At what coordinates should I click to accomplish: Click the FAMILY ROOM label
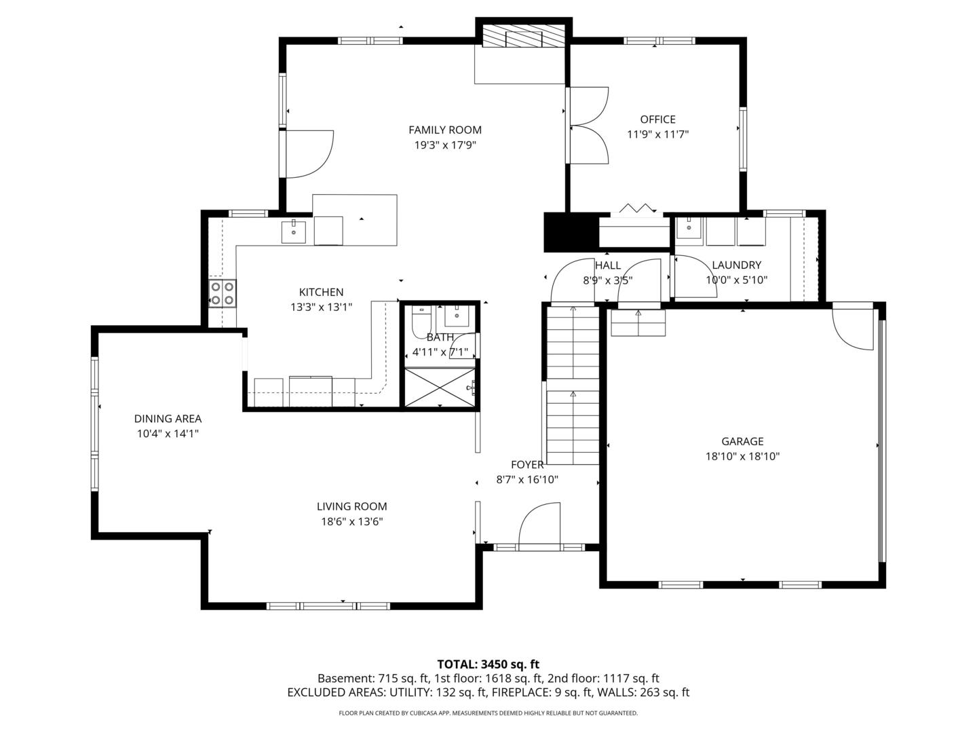coord(444,130)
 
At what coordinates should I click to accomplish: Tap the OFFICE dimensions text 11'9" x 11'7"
coord(657,134)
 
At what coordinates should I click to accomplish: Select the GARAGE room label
coord(742,441)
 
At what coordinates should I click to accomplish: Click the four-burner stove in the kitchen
coord(222,293)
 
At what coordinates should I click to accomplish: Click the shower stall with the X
coord(440,388)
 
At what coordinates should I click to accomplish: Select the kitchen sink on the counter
coord(294,232)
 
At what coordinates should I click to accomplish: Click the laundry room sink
coord(689,229)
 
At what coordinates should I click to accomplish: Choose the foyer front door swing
coord(540,524)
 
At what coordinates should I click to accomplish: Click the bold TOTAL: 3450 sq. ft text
coord(488,664)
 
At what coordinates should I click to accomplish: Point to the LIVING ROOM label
coord(351,506)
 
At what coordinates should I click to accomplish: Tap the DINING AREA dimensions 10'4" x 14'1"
coord(168,433)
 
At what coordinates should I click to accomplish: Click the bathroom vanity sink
coord(457,316)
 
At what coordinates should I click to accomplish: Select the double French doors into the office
coord(588,126)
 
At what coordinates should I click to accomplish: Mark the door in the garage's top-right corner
coord(854,329)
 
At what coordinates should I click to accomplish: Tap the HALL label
coord(607,265)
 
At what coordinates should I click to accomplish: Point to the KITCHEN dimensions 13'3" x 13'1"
coord(321,307)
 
